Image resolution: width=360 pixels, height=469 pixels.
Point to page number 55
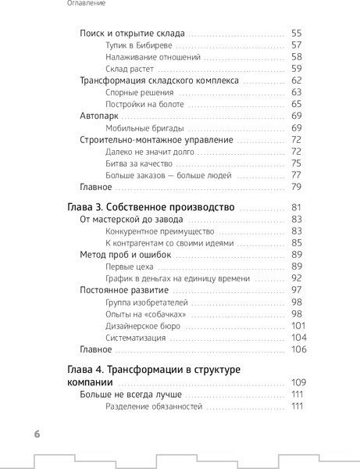[x=296, y=34]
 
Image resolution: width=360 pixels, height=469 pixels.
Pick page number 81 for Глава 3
[x=296, y=207]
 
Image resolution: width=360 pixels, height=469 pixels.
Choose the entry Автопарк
[x=101, y=116]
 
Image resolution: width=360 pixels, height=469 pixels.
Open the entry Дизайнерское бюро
[x=143, y=325]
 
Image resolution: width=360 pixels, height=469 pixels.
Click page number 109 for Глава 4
[x=296, y=383]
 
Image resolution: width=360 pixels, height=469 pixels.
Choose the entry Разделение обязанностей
[x=154, y=406]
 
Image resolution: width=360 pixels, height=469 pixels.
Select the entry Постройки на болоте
[x=144, y=104]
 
